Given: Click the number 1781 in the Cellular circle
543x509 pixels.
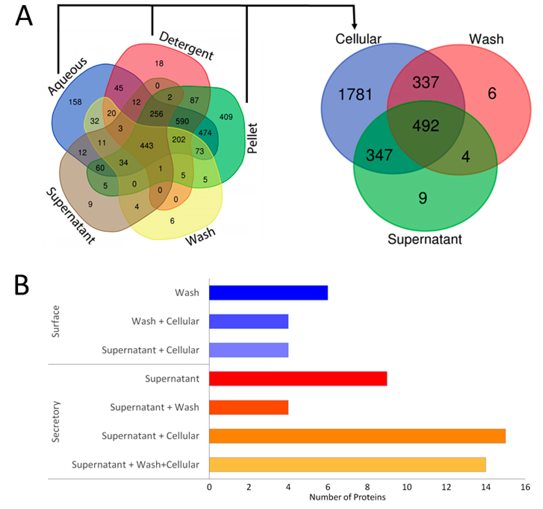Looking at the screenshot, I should pos(355,95).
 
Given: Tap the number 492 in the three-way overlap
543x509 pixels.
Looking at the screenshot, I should pos(426,126).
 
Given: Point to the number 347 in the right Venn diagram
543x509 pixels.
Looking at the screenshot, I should pos(379,155).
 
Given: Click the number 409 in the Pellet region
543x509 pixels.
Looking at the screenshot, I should pos(226,117).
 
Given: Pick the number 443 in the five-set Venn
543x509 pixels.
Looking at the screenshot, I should pos(147,145).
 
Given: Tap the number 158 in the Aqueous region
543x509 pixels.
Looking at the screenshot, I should pos(75,102).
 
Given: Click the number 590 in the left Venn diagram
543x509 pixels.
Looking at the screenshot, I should pos(182,121).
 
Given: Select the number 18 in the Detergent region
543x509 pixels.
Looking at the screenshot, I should pos(159,63).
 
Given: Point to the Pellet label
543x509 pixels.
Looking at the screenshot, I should pos(252,138).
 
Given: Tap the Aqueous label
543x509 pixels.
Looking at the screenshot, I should pos(67,76).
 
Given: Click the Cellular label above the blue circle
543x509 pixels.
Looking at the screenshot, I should pos(358,39).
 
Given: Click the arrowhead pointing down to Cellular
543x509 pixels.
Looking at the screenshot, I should pos(354,26).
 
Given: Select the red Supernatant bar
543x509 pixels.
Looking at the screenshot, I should pos(298,379).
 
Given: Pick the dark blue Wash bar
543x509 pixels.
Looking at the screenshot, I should pos(268,293).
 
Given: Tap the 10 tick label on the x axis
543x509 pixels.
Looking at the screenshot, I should pos(407,487).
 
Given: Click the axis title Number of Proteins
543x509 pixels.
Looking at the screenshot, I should pos(347,497).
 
